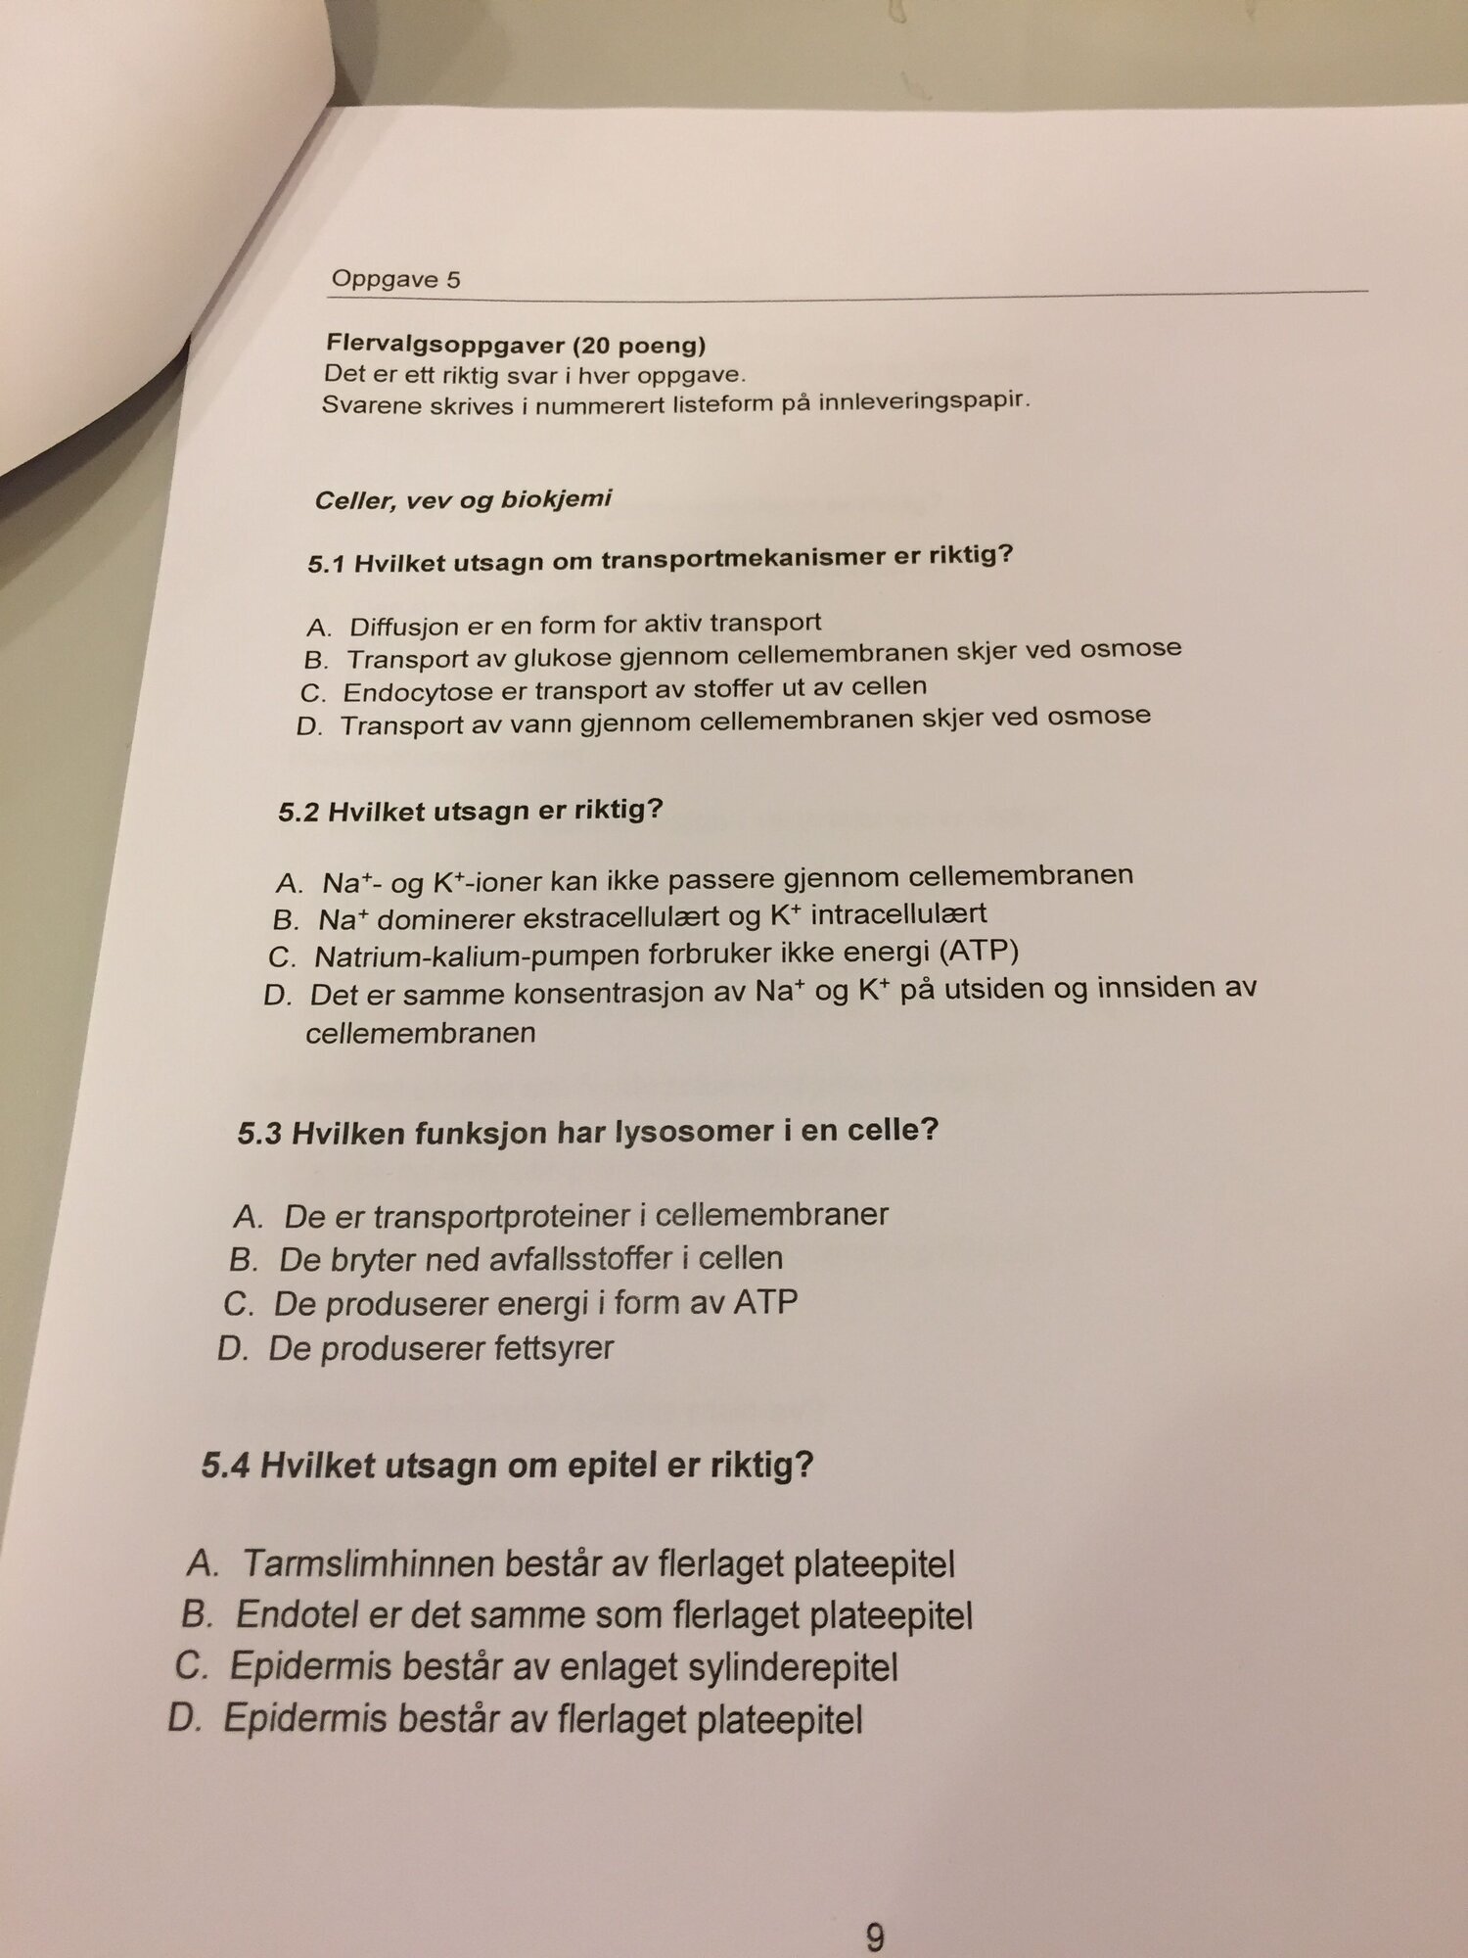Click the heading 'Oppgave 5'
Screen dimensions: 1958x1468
tap(395, 279)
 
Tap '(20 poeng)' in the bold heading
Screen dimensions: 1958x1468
tap(639, 346)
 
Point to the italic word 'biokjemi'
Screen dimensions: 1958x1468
tap(556, 498)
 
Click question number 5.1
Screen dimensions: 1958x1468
tap(327, 565)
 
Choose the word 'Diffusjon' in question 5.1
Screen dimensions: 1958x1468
tap(396, 626)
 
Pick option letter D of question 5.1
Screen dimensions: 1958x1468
tap(308, 727)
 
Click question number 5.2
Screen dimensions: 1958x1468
tap(298, 813)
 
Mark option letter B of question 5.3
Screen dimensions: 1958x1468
tap(242, 1259)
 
